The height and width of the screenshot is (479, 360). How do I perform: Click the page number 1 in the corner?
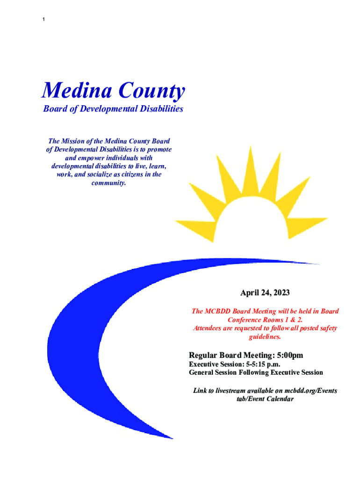43,19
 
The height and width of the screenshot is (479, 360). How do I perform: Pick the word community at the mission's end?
109,183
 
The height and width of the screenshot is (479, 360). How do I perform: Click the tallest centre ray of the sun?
251,168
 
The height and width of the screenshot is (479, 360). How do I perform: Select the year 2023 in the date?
281,293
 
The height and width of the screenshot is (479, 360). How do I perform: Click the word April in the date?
249,293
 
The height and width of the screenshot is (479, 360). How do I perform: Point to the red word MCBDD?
218,311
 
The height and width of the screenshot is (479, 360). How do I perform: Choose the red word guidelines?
265,336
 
